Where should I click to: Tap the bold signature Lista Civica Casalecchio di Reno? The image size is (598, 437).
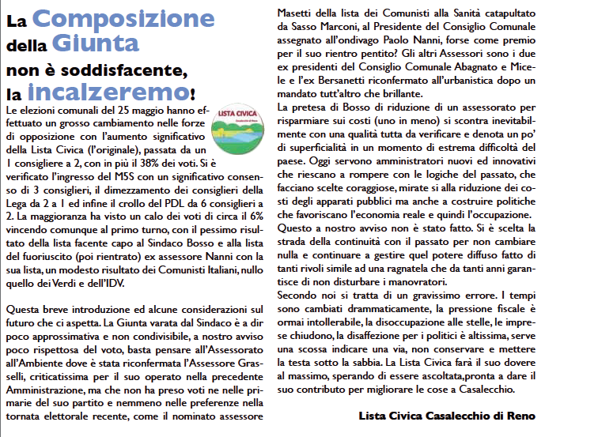tap(446, 416)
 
